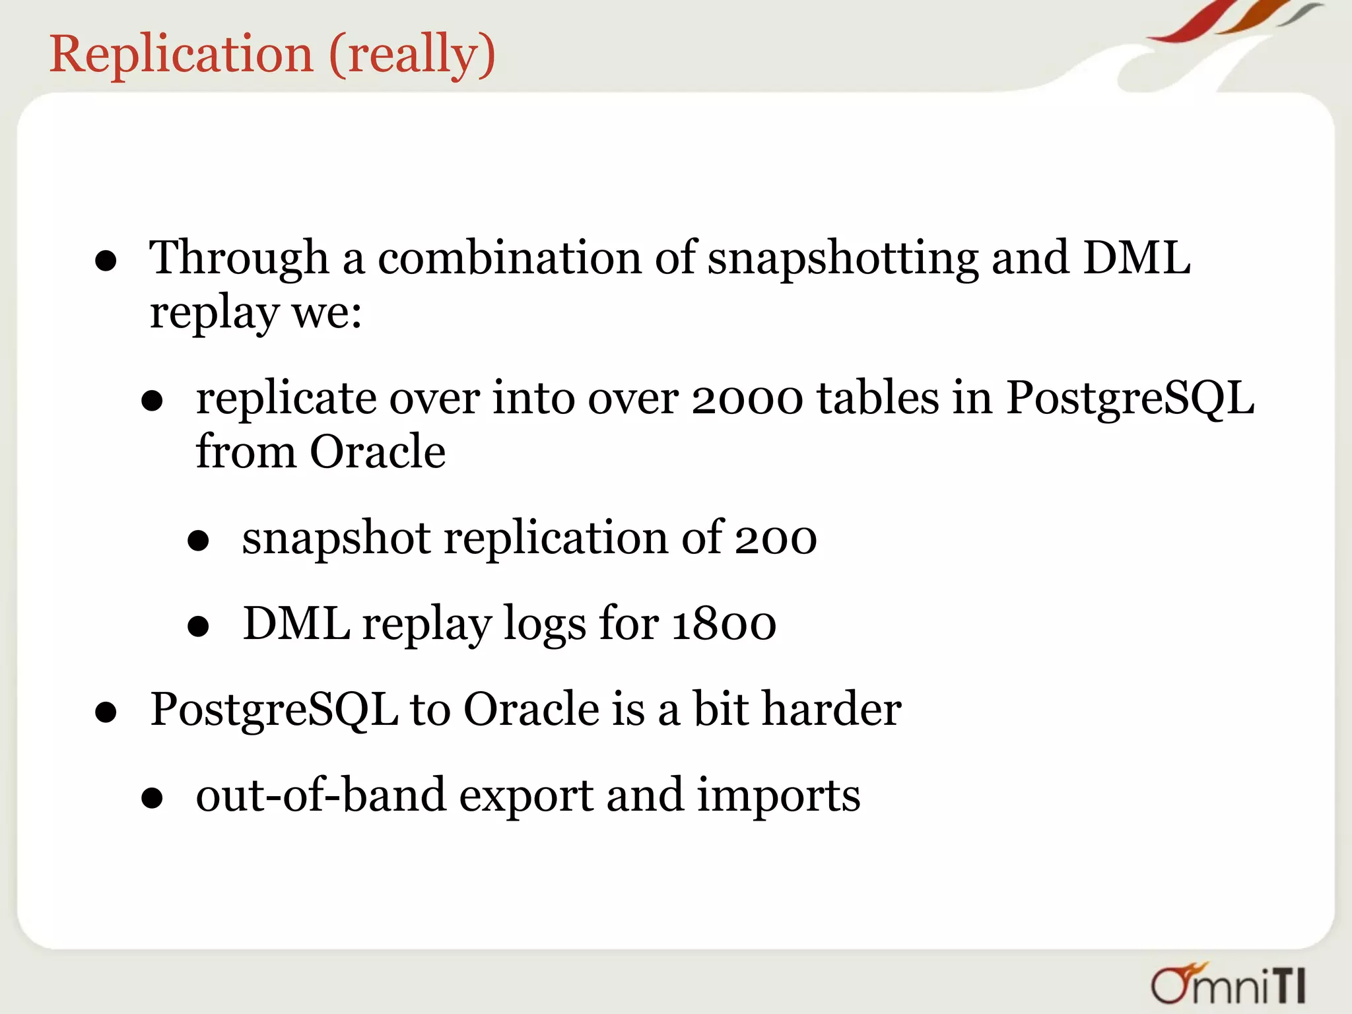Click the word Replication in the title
click(181, 54)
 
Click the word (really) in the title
click(412, 54)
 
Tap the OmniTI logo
click(1229, 984)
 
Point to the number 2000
click(747, 399)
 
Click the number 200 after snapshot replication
click(776, 539)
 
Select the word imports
click(779, 795)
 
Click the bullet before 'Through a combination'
click(106, 261)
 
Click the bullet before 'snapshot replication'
click(198, 541)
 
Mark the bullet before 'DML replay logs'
click(198, 626)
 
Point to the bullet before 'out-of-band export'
click(152, 797)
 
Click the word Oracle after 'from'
click(378, 453)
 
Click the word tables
click(878, 399)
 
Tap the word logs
click(544, 624)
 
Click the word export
click(526, 795)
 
